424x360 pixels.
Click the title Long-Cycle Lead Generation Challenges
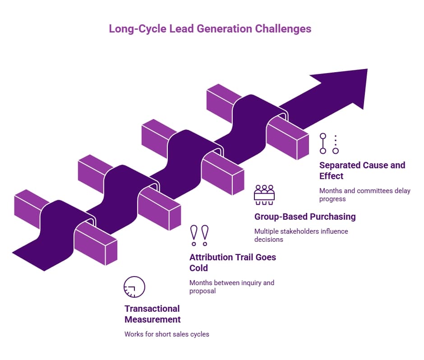click(x=210, y=29)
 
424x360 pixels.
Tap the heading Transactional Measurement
click(x=152, y=314)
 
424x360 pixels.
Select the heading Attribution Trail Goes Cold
click(x=232, y=263)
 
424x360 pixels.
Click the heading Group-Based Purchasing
click(x=305, y=217)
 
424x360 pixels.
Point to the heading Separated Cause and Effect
click(x=362, y=171)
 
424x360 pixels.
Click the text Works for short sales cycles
click(x=167, y=334)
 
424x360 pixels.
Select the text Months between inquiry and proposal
click(x=231, y=287)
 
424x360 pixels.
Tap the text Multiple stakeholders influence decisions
click(x=301, y=235)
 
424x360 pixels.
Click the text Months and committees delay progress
click(x=364, y=195)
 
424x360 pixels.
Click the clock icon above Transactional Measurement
click(x=134, y=287)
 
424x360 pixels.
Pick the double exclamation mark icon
click(x=199, y=235)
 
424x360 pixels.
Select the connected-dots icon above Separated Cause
click(x=329, y=143)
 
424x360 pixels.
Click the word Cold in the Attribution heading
click(x=198, y=268)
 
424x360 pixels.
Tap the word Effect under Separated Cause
click(x=331, y=176)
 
